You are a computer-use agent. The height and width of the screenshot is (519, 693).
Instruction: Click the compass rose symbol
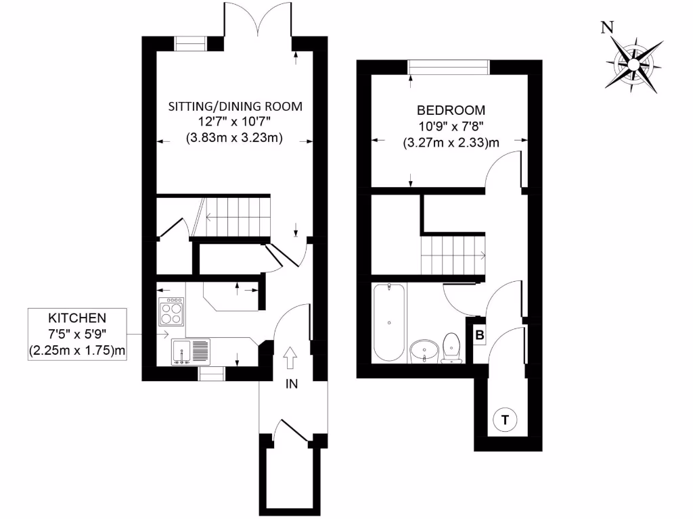634,64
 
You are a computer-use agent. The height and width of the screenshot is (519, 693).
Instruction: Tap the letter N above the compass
608,28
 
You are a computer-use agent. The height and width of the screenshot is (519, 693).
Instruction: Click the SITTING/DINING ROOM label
235,107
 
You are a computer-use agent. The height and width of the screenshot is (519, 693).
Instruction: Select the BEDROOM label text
451,111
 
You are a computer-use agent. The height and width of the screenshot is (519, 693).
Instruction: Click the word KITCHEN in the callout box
77,317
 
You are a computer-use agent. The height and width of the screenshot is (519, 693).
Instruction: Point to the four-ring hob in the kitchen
171,313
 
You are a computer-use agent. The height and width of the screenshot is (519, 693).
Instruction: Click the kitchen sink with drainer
192,351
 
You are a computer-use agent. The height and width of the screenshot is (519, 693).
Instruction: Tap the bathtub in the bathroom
389,322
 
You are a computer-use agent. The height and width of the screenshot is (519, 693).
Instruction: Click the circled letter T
504,420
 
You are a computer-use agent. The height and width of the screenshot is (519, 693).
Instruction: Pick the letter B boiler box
478,335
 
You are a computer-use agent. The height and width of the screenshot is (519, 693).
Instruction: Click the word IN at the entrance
292,385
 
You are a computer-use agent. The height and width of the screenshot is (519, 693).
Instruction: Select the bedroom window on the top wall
449,67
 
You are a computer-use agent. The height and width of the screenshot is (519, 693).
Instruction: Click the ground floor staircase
233,217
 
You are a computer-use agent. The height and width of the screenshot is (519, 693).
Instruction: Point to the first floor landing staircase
452,255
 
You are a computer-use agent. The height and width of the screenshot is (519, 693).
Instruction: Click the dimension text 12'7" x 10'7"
234,122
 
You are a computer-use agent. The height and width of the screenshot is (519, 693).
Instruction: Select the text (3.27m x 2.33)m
451,143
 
